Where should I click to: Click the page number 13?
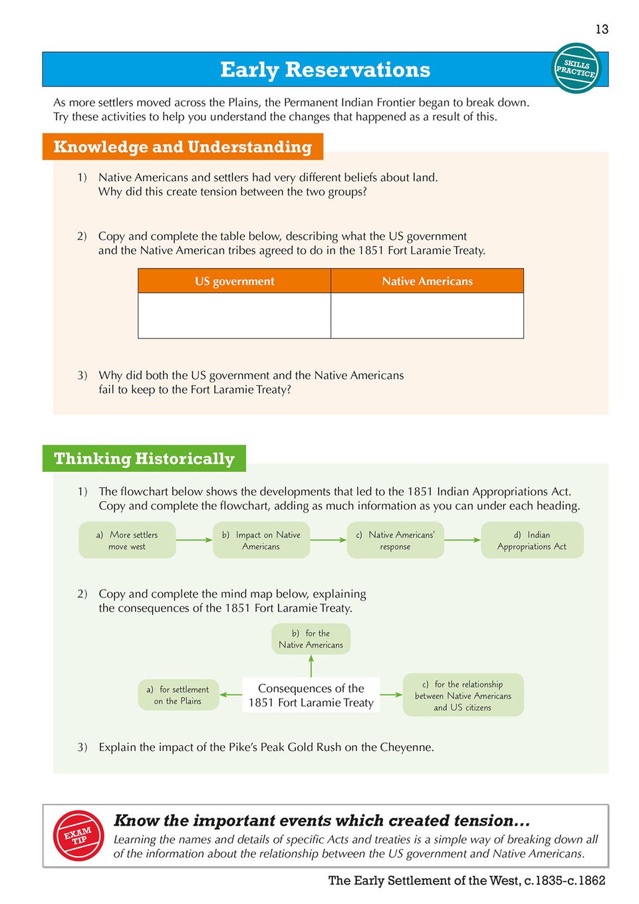point(601,29)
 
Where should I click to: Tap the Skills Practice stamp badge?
point(576,68)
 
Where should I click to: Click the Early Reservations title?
point(325,70)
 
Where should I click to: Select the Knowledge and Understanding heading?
point(182,147)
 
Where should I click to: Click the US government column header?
point(234,281)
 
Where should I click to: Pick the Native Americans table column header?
point(427,281)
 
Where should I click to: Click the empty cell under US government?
point(234,316)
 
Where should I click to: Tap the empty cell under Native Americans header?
point(427,316)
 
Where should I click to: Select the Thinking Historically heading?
point(144,459)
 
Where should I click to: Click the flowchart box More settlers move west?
point(127,540)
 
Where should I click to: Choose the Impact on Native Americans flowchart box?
point(261,540)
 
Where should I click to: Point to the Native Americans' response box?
point(395,540)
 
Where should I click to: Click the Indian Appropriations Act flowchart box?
point(532,540)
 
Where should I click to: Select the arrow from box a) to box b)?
point(194,540)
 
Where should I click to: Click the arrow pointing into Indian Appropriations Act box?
point(462,540)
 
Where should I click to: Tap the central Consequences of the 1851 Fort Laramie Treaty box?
point(311,695)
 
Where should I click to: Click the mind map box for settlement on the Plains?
point(178,695)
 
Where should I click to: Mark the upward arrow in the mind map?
point(311,666)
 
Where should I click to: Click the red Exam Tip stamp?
point(78,836)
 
